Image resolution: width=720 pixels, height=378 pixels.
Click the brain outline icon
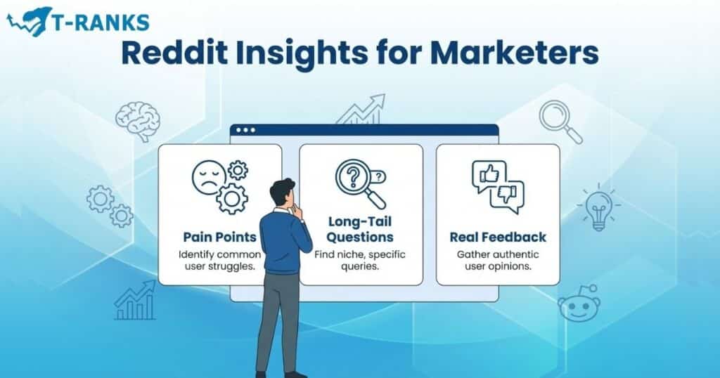point(137,120)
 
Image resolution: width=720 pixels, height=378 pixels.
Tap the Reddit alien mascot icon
point(579,304)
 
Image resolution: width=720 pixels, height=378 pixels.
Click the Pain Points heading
point(219,237)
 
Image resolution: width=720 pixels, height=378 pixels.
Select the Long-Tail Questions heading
point(361,230)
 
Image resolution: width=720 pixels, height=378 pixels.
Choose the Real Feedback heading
point(498,237)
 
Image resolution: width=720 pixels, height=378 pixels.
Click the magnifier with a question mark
point(356,179)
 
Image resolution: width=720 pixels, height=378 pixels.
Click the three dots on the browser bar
point(246,130)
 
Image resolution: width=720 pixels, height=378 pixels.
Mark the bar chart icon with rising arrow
point(135,300)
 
